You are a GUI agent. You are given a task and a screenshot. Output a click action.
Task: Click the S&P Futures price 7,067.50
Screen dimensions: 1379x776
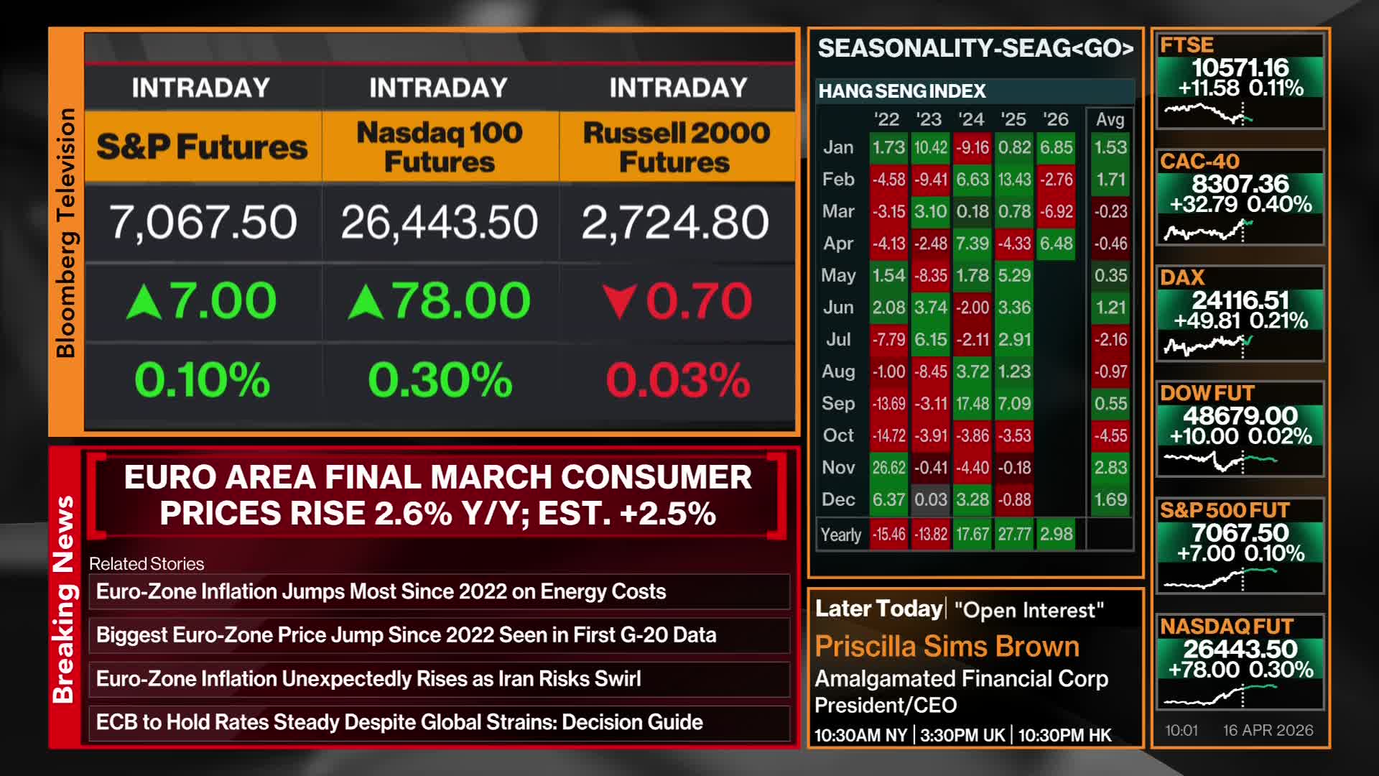[203, 222]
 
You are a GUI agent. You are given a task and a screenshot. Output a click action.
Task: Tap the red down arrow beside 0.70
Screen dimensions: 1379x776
[620, 301]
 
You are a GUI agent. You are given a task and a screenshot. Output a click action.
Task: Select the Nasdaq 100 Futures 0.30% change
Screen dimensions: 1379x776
[440, 379]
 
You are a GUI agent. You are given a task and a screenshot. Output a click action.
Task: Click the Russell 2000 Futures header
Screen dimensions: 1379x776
[676, 147]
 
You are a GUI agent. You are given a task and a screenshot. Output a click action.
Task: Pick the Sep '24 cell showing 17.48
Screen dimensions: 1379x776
[972, 404]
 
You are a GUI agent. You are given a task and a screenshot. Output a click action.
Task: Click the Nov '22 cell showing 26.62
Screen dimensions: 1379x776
[888, 468]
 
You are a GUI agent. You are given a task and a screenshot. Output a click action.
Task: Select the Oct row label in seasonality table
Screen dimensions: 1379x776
[838, 435]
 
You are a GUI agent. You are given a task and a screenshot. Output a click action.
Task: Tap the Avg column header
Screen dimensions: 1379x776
[1110, 119]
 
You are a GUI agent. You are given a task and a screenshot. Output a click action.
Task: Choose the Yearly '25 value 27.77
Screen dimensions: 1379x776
[1014, 535]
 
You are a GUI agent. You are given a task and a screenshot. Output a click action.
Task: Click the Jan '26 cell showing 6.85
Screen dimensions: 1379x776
[1056, 147]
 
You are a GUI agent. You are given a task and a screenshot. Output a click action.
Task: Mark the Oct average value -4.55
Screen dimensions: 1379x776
[1110, 435]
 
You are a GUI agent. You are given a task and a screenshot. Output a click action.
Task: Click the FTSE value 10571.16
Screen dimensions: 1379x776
[1240, 68]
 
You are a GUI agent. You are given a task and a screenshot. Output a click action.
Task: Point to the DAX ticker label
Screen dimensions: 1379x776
[1182, 277]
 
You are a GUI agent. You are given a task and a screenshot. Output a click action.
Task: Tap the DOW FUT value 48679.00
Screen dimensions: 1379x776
[1240, 415]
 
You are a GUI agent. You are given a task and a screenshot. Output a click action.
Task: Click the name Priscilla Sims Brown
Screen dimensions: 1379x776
[947, 647]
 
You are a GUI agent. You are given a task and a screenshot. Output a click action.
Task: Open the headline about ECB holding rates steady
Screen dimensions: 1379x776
[399, 722]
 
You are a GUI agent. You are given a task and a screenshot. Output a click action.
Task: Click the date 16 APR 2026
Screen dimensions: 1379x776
[1268, 730]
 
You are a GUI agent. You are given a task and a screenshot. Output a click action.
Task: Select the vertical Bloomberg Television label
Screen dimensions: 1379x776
[65, 233]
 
